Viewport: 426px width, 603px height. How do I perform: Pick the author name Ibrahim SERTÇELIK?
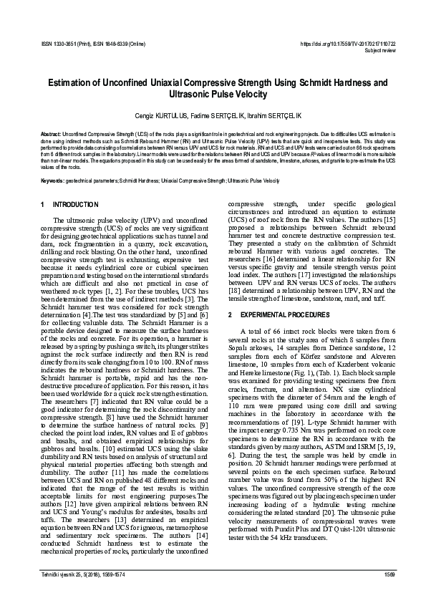(276, 115)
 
